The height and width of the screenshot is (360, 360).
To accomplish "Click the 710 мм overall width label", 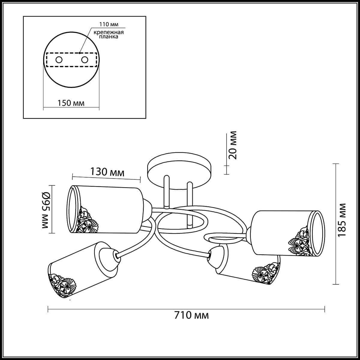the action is click(x=191, y=315).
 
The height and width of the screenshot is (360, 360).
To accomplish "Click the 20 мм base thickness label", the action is click(x=233, y=145).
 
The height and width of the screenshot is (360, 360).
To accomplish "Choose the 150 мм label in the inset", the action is click(x=71, y=103).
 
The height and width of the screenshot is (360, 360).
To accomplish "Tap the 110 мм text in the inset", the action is click(x=109, y=24).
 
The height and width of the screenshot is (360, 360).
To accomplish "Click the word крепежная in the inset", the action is click(x=109, y=32).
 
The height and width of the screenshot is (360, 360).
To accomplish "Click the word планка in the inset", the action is click(x=109, y=37).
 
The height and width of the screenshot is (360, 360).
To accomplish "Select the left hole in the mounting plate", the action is click(x=59, y=60).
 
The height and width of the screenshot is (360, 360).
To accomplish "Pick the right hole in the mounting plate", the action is click(x=85, y=60).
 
